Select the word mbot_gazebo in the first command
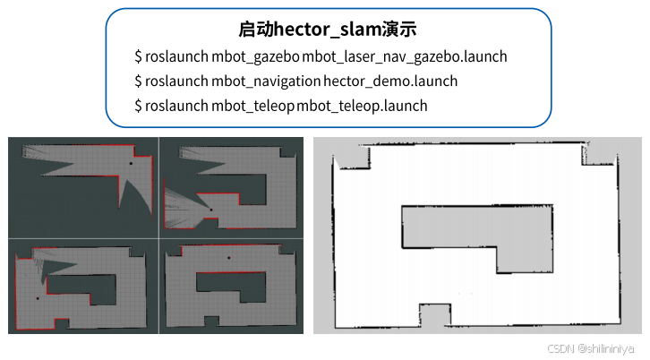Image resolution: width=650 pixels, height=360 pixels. click(x=255, y=56)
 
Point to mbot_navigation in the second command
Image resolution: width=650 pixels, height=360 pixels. click(x=265, y=81)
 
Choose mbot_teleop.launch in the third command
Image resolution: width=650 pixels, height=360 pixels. click(x=362, y=106)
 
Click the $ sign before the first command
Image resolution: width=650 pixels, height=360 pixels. click(x=138, y=56)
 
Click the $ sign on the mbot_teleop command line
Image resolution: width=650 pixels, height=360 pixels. click(x=138, y=106)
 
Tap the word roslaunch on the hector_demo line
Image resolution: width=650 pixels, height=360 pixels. click(x=176, y=81)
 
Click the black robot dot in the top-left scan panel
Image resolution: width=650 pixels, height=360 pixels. click(x=130, y=164)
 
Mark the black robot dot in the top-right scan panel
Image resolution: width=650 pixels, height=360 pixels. click(x=211, y=210)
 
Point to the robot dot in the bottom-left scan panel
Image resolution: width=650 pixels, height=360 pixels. click(x=38, y=297)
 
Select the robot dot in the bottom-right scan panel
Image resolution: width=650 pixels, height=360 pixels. click(x=227, y=258)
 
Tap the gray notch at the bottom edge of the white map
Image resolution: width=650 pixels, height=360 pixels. click(x=433, y=313)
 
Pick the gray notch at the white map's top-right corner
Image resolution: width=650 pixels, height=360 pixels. click(x=597, y=155)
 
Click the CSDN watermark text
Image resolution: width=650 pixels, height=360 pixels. click(x=560, y=348)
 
